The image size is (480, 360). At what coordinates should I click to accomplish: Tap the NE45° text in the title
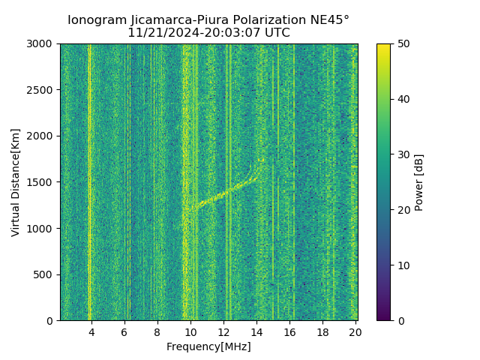click(x=327, y=20)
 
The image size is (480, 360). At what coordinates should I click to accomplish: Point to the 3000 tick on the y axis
click(x=43, y=44)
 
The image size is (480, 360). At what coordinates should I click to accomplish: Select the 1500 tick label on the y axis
click(x=43, y=182)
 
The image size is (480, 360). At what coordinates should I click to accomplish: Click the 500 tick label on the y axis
click(x=46, y=274)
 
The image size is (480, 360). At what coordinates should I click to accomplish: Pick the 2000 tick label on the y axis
click(x=43, y=136)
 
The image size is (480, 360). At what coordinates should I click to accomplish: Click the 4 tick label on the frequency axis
click(x=91, y=331)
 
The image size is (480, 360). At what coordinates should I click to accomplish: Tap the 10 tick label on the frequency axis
click(x=190, y=331)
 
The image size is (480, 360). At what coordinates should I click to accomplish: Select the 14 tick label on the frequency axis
click(x=256, y=331)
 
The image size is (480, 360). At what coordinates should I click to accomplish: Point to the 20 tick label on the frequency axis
click(x=355, y=331)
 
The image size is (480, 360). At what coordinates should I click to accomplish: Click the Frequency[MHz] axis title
click(x=208, y=346)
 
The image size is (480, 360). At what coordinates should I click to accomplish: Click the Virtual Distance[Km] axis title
click(x=16, y=182)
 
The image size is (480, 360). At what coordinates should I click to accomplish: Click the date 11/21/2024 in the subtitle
click(x=158, y=33)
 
